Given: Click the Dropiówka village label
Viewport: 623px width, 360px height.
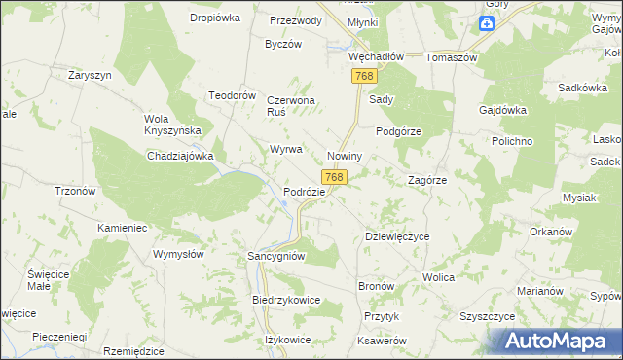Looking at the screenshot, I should [x=216, y=18].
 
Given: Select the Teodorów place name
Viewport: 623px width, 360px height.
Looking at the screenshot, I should [x=232, y=95].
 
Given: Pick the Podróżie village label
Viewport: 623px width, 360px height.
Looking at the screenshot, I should [x=304, y=192].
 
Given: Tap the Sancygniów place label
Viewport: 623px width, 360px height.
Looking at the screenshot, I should [x=277, y=256].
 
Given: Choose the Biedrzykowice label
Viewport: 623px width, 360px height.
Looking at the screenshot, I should [x=286, y=301].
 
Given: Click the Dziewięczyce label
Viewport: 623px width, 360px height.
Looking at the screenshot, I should [x=396, y=236].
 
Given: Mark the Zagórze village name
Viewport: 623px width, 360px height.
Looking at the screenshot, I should [x=426, y=180].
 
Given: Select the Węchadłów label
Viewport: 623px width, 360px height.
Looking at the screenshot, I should [x=376, y=56].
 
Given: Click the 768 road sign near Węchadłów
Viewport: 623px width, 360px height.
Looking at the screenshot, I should [x=365, y=76].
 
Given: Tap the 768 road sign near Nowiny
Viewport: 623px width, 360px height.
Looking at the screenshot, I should [x=334, y=177].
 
